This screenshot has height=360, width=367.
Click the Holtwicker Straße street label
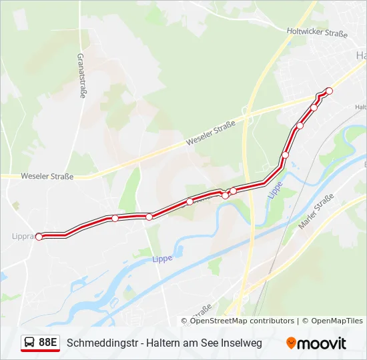pyautogui.click(x=318, y=31)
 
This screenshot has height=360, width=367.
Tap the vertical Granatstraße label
pyautogui.click(x=81, y=76)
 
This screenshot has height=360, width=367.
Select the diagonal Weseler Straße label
pyautogui.click(x=211, y=133)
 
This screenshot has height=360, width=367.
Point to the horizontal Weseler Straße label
pyautogui.click(x=47, y=177)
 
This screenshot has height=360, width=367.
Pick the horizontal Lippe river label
pyautogui.click(x=162, y=258)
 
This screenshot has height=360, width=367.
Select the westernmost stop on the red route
pyautogui.click(x=39, y=237)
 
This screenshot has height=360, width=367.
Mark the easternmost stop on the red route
pyautogui.click(x=329, y=91)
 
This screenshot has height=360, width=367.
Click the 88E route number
pyautogui.click(x=47, y=343)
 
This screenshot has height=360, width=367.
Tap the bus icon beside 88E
pyautogui.click(x=30, y=343)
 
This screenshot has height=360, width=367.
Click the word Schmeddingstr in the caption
pyautogui.click(x=99, y=343)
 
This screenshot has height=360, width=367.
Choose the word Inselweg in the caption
pyautogui.click(x=242, y=343)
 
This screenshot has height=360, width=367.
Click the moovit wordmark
pyautogui.click(x=322, y=343)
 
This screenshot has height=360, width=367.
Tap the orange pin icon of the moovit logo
pyautogui.click(x=291, y=343)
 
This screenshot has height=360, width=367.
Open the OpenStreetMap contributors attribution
pyautogui.click(x=242, y=321)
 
